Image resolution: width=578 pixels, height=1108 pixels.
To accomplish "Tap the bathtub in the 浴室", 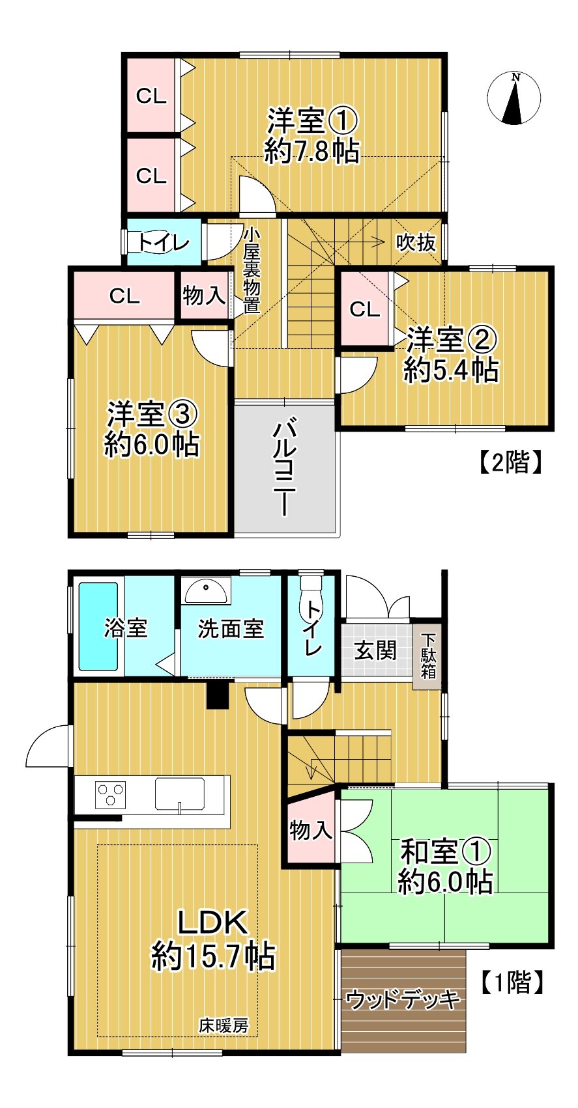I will [98, 626].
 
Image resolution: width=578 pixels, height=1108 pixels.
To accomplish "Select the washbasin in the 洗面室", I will [206, 591].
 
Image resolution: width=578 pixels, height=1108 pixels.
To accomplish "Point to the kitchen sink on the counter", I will [179, 794].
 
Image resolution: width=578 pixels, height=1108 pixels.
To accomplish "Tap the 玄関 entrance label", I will [375, 650].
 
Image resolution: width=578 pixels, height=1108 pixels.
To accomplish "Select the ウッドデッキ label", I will [403, 999].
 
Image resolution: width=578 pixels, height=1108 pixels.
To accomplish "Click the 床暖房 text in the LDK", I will [224, 1026].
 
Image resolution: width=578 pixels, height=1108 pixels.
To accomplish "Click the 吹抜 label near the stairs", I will [416, 243].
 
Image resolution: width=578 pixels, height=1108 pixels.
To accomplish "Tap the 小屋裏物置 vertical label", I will [252, 270].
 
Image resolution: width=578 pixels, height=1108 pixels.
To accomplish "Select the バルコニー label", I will [285, 468].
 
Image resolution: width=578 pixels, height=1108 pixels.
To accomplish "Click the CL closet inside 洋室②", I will [364, 309].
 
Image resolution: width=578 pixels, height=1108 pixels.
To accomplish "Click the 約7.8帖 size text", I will [311, 152].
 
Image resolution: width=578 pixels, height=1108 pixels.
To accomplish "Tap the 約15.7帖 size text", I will [213, 956].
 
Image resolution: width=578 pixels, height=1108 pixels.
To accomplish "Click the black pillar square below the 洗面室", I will [218, 695].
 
